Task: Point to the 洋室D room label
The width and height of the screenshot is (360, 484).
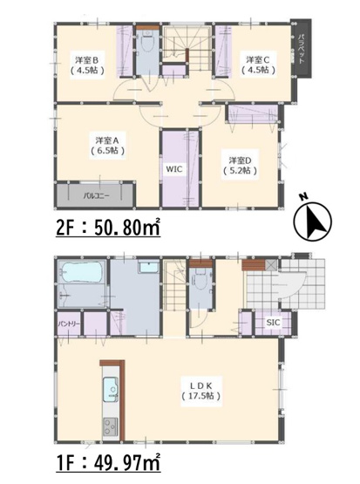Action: click(241, 164)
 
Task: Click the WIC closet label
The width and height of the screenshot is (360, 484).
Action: click(174, 172)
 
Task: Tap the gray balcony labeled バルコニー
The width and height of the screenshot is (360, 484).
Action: click(96, 194)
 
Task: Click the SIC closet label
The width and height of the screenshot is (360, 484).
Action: click(273, 324)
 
